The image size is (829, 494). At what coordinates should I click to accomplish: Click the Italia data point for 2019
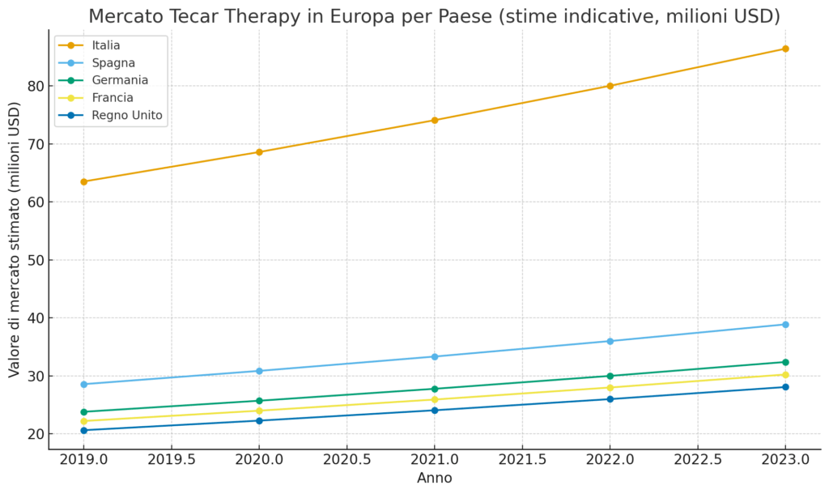coord(84,181)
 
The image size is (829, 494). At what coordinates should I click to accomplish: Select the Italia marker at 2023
coord(785,49)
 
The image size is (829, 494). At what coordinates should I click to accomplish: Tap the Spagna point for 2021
coord(435,356)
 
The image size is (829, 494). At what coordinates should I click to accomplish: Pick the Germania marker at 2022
coord(610,376)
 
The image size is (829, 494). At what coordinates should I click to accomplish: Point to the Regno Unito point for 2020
coord(259,420)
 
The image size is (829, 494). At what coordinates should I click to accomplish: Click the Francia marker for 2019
coord(84,421)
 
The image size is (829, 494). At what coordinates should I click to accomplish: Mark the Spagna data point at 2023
coord(785,325)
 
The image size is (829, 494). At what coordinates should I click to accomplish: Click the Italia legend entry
coord(106,45)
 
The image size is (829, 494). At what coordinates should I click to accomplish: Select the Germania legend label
coord(120,80)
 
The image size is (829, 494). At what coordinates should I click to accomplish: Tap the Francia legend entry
coord(113,98)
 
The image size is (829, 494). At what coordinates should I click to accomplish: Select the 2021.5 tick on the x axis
coord(522,460)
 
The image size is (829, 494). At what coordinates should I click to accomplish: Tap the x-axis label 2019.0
coord(84,460)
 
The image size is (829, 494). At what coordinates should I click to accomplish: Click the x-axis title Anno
coord(435,478)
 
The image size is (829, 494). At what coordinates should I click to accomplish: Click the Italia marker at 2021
coord(435,120)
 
